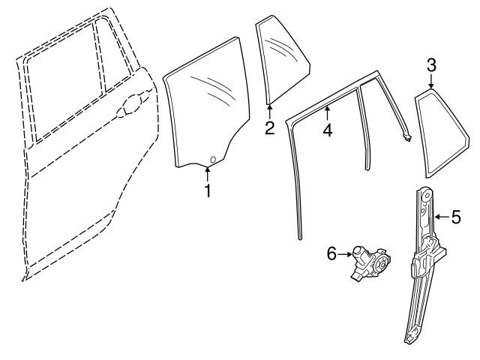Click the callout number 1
pyautogui.click(x=208, y=190)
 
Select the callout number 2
pyautogui.click(x=269, y=127)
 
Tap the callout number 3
pyautogui.click(x=431, y=65)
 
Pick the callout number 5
pyautogui.click(x=455, y=217)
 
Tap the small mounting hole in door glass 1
pyautogui.click(x=213, y=159)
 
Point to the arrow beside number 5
pyautogui.click(x=440, y=217)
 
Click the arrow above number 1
pyautogui.click(x=208, y=173)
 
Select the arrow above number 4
pyautogui.click(x=327, y=112)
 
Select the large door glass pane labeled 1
pyautogui.click(x=202, y=112)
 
